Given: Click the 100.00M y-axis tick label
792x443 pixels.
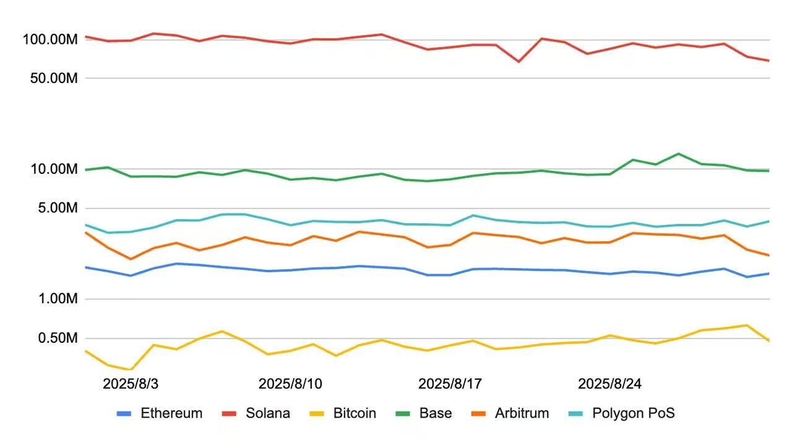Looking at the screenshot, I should tap(49, 40).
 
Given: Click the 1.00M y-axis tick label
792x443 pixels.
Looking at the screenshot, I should tap(56, 299).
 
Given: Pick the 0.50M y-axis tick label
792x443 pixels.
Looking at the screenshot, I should tap(56, 338).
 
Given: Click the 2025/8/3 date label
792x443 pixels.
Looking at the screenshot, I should tap(131, 384).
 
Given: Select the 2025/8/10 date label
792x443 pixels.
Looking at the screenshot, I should tap(290, 384).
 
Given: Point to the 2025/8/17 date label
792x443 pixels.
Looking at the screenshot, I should tap(450, 384).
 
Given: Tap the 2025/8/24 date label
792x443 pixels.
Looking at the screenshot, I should tap(609, 384).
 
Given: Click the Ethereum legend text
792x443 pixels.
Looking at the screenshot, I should tap(171, 413).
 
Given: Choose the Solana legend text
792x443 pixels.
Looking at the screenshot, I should tap(267, 413).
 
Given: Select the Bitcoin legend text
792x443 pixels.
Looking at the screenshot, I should tap(355, 413).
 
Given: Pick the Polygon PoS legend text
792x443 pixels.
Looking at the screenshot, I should tap(633, 413).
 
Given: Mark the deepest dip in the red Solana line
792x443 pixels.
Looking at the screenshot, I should tap(519, 62).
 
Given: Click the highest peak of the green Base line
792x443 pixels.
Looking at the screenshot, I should tap(678, 153).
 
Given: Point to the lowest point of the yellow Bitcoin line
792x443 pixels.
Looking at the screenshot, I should tap(131, 370).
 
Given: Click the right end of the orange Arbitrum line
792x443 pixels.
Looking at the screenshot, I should tap(768, 255).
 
